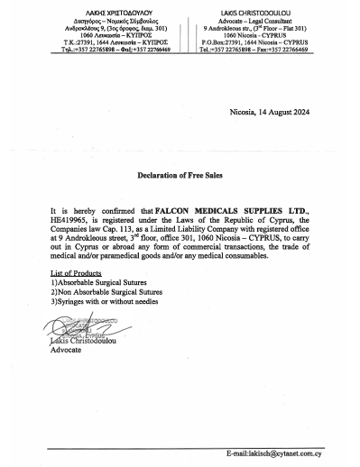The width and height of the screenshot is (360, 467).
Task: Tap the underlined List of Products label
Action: (76, 271)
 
